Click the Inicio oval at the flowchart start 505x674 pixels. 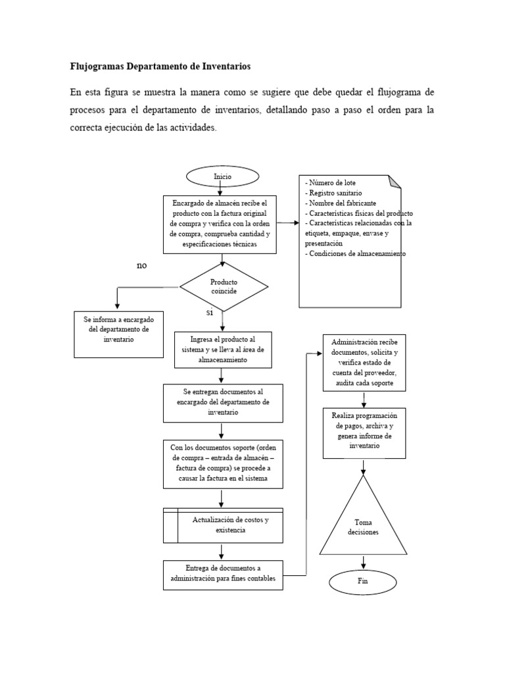(222, 177)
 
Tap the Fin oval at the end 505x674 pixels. (362, 582)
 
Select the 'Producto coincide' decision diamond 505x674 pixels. (224, 286)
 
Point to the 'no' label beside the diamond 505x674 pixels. (141, 265)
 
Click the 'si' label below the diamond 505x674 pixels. (210, 314)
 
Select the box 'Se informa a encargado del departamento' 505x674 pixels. (118, 334)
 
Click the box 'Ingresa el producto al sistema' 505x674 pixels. (223, 350)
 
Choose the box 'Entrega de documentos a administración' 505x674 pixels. (223, 574)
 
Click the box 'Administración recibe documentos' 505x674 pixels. (364, 363)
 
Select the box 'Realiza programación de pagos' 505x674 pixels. (364, 432)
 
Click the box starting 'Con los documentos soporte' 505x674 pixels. (223, 464)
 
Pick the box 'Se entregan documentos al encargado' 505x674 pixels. (223, 402)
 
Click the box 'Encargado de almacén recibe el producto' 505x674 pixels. (224, 224)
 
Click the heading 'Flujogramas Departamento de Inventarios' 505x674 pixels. (160, 66)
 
